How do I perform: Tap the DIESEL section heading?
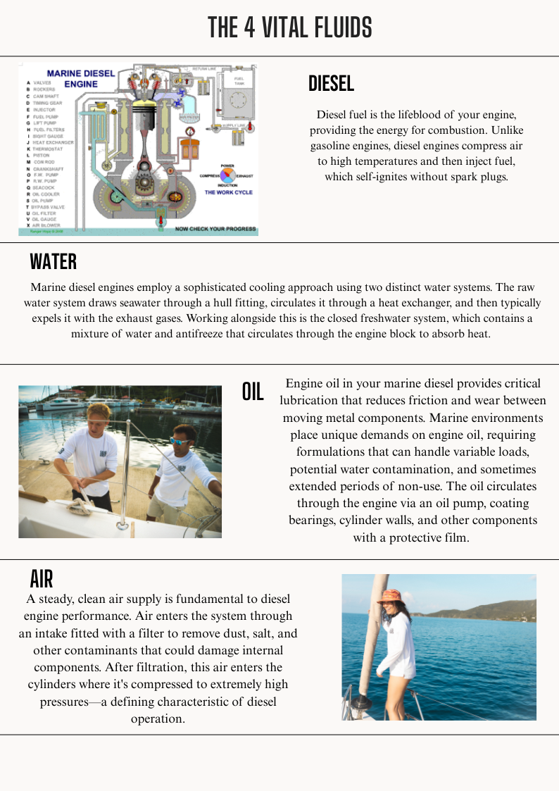[331, 84]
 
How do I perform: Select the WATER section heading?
[53, 262]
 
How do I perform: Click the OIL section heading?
[253, 392]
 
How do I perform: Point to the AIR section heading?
[42, 579]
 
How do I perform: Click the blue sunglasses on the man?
[180, 442]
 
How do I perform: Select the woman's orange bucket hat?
[389, 597]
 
